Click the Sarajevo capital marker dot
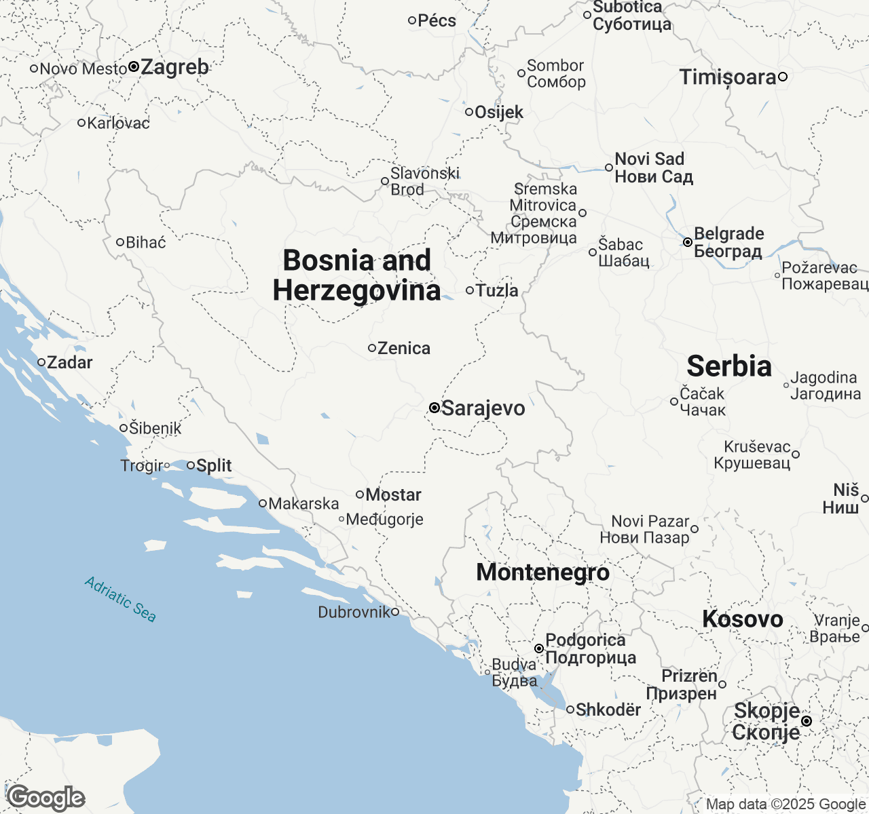click(x=434, y=408)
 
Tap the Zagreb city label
click(x=174, y=67)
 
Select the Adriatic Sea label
click(x=120, y=599)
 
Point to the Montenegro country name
click(x=542, y=572)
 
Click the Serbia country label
click(x=729, y=366)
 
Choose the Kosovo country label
click(x=742, y=619)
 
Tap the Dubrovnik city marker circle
click(x=395, y=612)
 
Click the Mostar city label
click(x=393, y=495)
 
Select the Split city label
click(x=214, y=465)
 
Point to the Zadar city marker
click(x=41, y=362)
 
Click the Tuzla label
click(x=497, y=290)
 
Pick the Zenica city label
click(x=404, y=348)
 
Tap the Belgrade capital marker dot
click(x=688, y=242)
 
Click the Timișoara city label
click(x=728, y=77)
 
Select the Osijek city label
click(x=499, y=112)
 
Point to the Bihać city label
click(x=146, y=242)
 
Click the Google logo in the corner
click(x=45, y=798)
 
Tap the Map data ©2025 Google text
click(x=785, y=805)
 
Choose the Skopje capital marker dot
click(x=806, y=721)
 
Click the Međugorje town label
click(x=384, y=519)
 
